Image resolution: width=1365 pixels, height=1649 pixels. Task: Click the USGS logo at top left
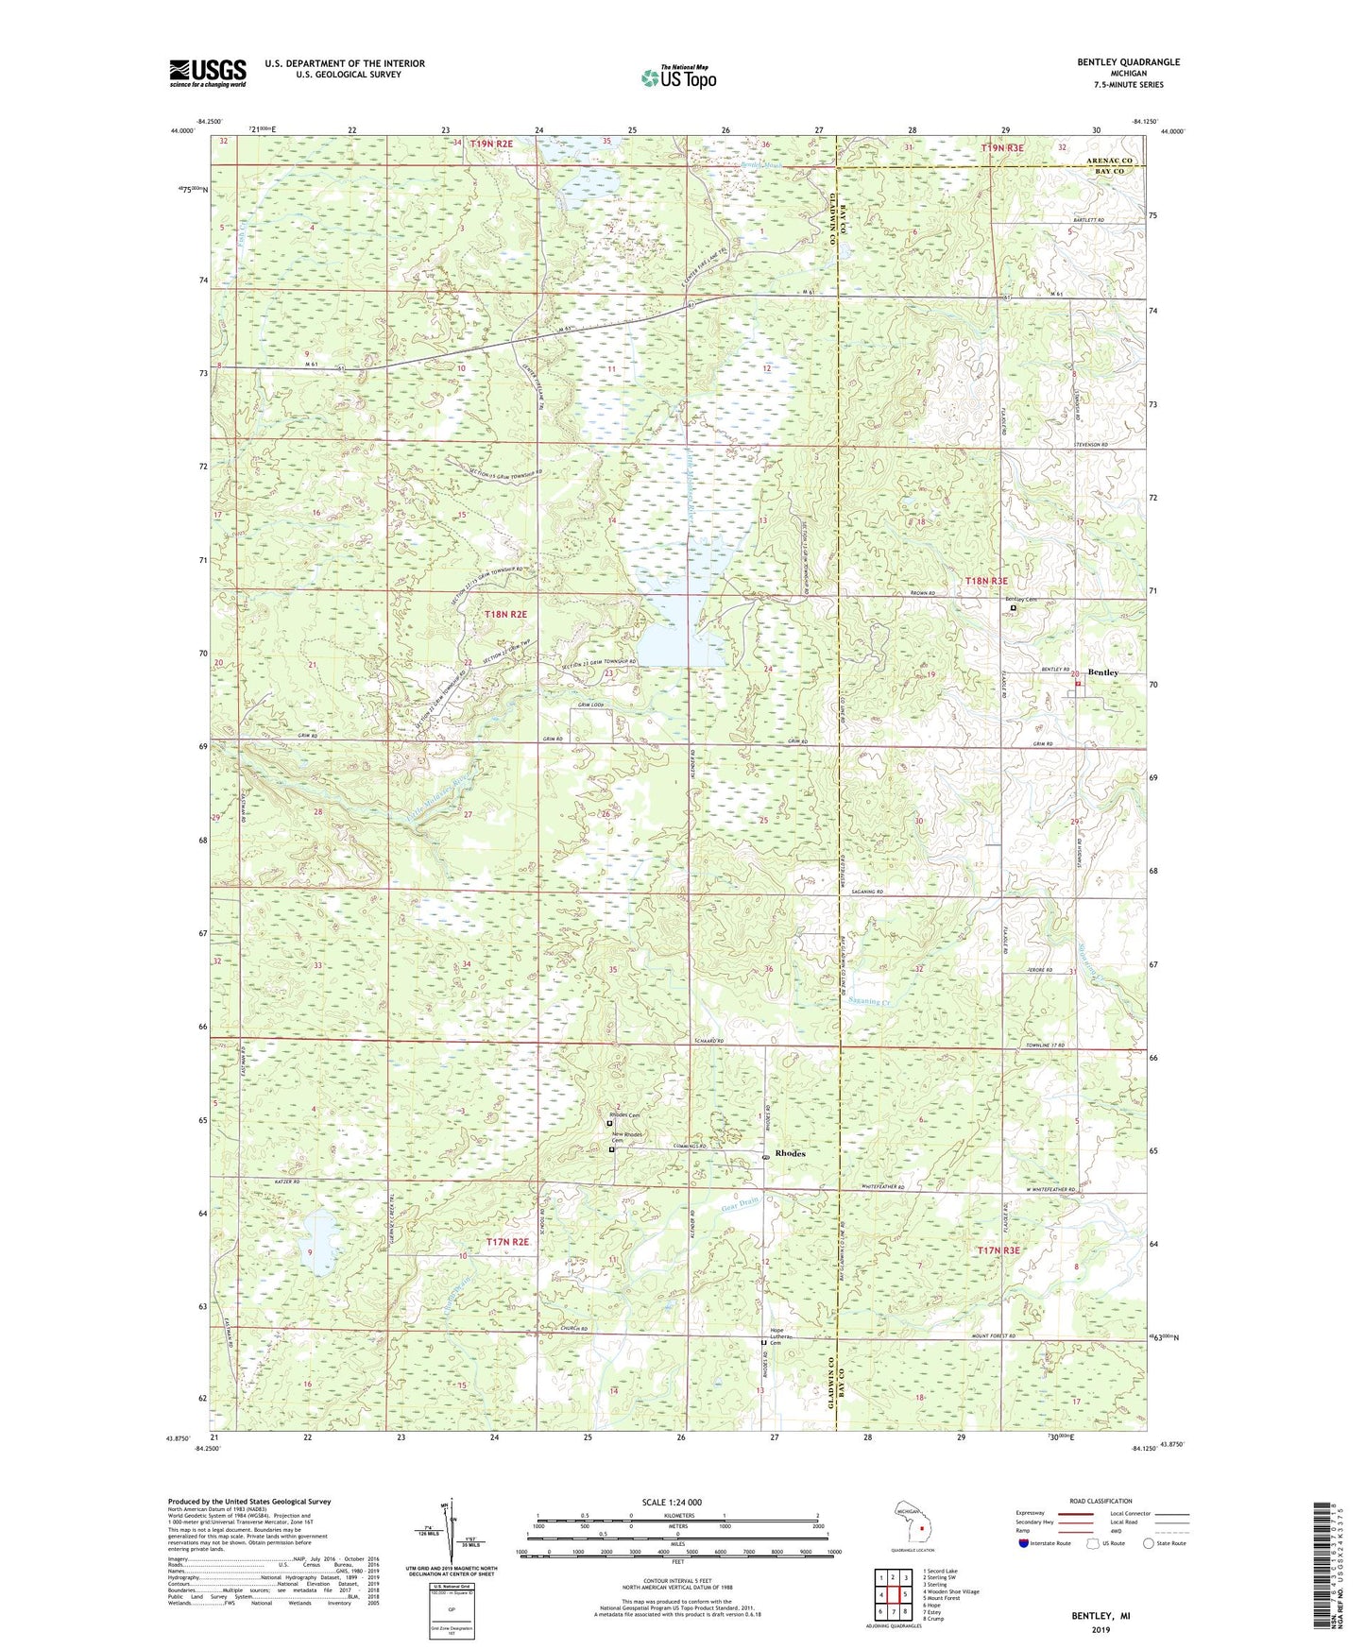(208, 72)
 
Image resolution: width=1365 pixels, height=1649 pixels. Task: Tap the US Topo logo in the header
(677, 77)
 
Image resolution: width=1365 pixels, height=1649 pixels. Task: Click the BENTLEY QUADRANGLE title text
(1128, 62)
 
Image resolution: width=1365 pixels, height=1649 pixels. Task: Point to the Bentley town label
(1102, 672)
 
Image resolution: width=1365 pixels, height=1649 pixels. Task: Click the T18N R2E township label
(505, 615)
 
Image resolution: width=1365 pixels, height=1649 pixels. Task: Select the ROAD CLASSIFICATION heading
(1101, 1501)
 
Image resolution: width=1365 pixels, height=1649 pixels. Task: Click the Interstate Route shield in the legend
(1025, 1543)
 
